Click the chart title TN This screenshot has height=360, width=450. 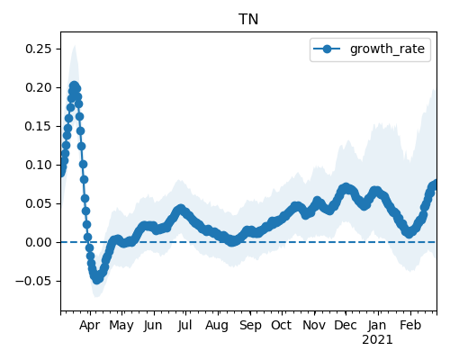coord(248,20)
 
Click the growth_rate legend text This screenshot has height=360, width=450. coord(387,49)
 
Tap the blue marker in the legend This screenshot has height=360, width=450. coord(327,49)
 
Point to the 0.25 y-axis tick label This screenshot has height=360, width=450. coord(39,49)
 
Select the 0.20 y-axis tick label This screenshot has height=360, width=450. coord(39,87)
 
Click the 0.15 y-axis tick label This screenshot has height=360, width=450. coord(39,126)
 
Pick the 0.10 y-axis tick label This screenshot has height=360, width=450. coord(39,165)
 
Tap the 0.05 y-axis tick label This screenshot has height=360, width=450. coord(39,203)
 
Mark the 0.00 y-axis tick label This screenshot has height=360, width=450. coord(39,242)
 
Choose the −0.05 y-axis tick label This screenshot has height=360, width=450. coord(33,281)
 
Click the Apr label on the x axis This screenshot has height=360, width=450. coord(89,326)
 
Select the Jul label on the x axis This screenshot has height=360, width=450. coord(184,325)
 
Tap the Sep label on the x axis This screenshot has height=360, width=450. coord(250,326)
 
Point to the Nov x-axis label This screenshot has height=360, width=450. coord(314,325)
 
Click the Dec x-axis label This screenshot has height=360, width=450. coord(346,325)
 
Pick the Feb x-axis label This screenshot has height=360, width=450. coord(410,325)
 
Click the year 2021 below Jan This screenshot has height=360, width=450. coord(377,340)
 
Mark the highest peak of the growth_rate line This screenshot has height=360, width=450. coord(74,85)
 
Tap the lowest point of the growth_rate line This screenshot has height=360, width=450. coord(96,280)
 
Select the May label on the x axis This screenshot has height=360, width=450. coord(121,326)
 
